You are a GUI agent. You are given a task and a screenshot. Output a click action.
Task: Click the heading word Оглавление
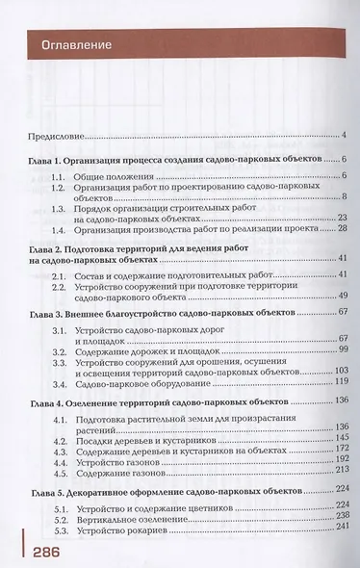click(73, 45)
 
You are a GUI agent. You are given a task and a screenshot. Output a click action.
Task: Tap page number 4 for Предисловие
click(343, 137)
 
